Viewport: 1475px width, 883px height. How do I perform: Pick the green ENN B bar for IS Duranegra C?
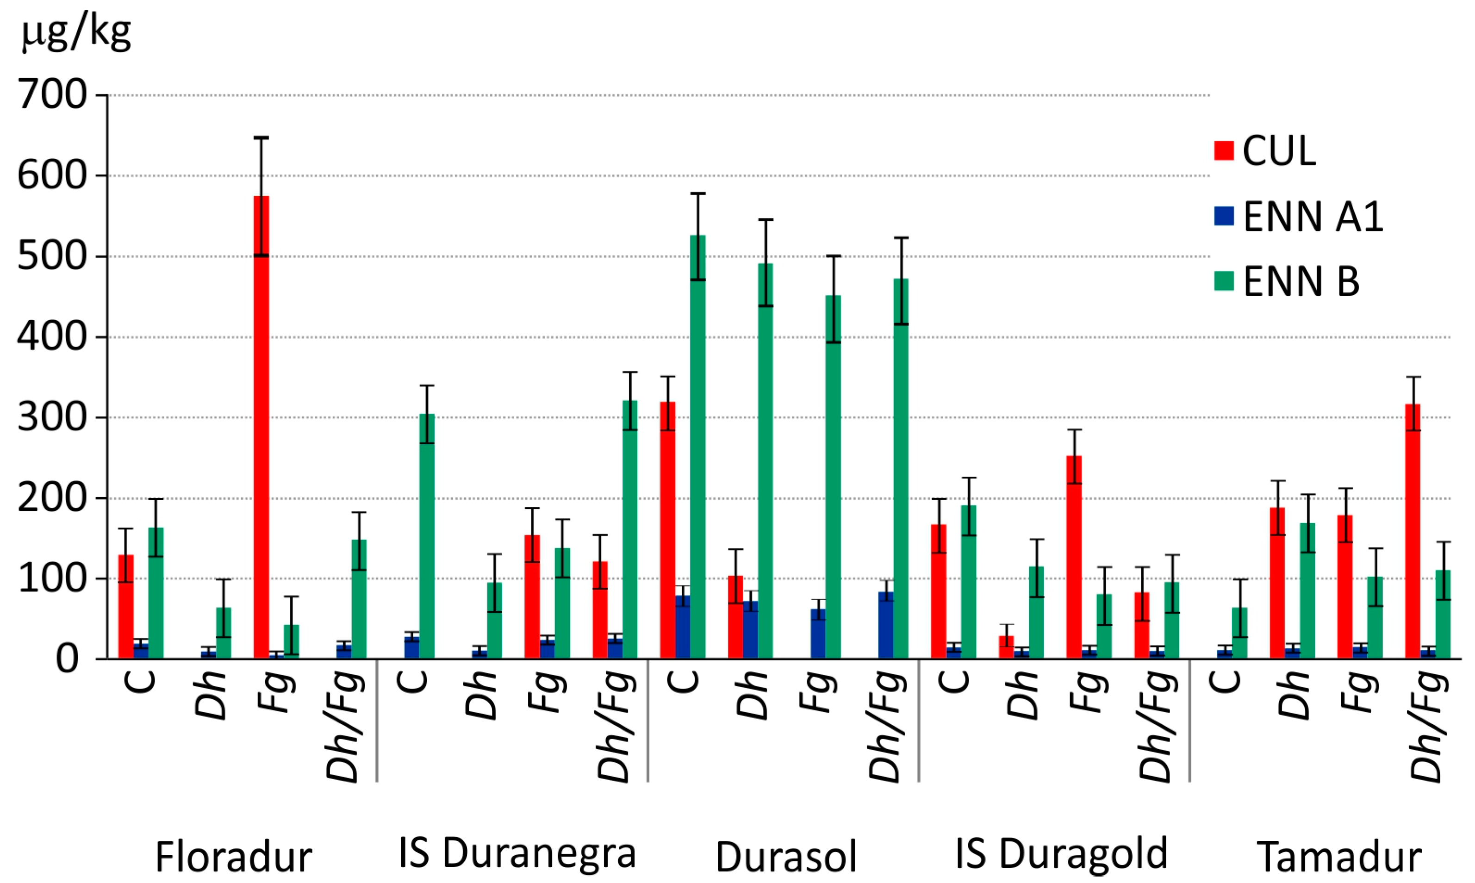click(x=427, y=536)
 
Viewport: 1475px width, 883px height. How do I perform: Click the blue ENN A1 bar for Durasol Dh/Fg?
click(x=885, y=625)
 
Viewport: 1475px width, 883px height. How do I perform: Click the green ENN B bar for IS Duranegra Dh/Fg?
click(x=629, y=529)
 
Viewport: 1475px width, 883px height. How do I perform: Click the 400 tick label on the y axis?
click(x=52, y=337)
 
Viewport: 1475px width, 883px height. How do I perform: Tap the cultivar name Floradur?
click(x=234, y=857)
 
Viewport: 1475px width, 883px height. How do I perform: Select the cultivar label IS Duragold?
click(x=1061, y=853)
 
